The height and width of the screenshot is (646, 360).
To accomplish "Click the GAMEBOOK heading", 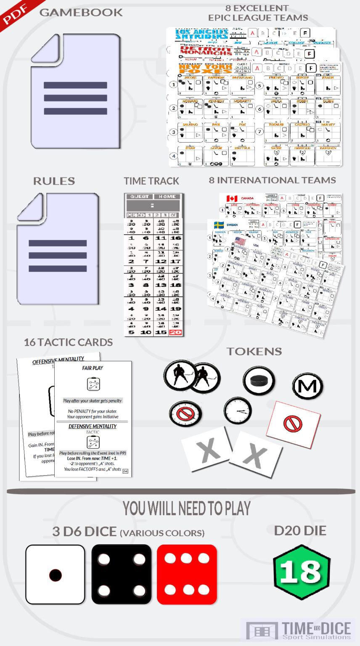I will coord(81,13).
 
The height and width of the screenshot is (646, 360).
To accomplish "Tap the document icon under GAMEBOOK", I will coord(76,91).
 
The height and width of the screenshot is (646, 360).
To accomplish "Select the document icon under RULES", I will coord(58,249).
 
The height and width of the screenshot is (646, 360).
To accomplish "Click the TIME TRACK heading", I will coord(151,181).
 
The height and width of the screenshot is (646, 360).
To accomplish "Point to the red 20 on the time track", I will coord(175,332).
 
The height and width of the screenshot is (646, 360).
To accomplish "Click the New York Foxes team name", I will coord(205,69).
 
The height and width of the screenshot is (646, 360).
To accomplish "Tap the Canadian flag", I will coord(232,199).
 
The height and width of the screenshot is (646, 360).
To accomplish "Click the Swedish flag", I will coord(219,225).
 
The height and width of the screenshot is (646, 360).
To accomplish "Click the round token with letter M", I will coord(307,386).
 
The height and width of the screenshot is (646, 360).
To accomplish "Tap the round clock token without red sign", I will coord(238,410).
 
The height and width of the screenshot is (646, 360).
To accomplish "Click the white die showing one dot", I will coord(55,575).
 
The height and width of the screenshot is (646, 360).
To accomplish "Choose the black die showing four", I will coord(121,575).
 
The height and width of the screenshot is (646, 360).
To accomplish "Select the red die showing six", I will coord(187,575).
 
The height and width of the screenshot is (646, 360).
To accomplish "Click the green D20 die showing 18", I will coord(301,572).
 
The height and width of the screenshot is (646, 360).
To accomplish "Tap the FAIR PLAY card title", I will coord(93,368).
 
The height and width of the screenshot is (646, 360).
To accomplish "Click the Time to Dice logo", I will coord(299,631).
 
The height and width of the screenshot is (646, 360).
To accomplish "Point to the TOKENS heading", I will coord(254,352).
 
